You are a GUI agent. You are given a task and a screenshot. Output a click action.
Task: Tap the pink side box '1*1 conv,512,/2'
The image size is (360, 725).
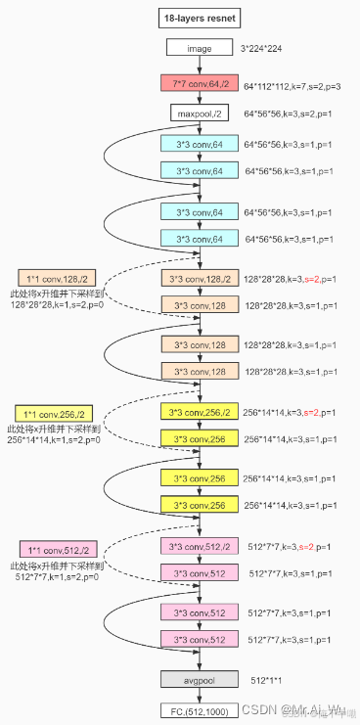pos(58,550)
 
